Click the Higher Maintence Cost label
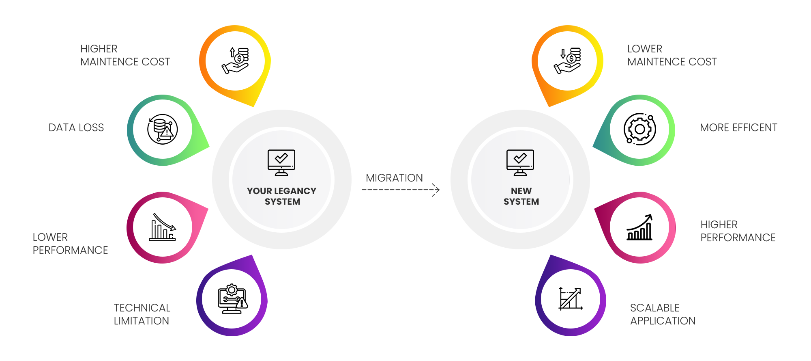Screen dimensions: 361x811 (124, 55)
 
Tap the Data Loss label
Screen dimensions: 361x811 (76, 128)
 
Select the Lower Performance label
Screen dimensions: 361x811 (70, 244)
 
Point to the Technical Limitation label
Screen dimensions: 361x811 (142, 314)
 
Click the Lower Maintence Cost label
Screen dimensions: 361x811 (672, 55)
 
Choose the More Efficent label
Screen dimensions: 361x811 (738, 128)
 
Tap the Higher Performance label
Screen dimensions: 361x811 (738, 231)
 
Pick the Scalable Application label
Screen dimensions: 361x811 (663, 314)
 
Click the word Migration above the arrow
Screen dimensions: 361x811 (394, 178)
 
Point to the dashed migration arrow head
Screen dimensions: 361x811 (436, 190)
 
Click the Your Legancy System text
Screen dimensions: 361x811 (282, 196)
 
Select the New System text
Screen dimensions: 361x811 (521, 196)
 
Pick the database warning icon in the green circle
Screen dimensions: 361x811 (162, 129)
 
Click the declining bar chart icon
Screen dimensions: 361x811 (163, 227)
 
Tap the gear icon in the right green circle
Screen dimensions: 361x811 (639, 129)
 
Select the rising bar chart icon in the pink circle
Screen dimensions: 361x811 (639, 227)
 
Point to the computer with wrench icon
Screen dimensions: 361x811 (232, 299)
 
